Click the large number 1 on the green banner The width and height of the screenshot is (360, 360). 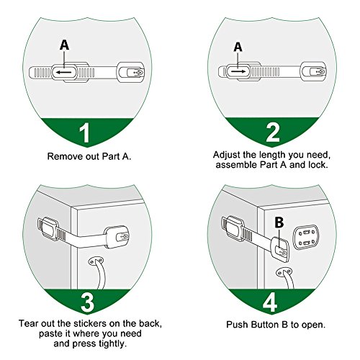84,133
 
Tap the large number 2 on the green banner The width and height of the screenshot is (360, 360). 273,132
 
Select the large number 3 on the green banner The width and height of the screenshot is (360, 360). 87,302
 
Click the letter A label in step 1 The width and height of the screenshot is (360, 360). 64,45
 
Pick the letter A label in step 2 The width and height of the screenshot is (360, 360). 238,47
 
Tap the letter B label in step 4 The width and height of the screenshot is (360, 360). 279,222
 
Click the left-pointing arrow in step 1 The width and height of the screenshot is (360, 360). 64,72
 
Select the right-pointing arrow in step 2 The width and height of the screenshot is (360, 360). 238,71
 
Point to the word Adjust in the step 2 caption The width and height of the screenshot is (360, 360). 227,156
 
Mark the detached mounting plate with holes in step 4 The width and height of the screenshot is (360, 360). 305,238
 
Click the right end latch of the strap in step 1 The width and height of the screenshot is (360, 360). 130,72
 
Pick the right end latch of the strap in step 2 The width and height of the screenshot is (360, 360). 313,71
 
